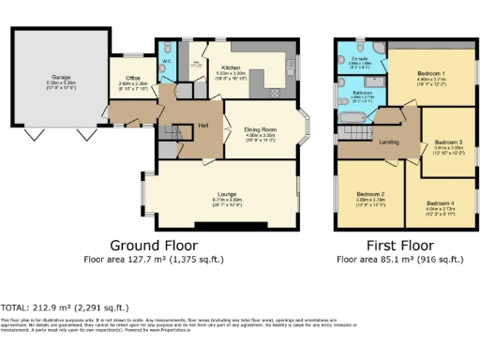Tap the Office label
[133, 77]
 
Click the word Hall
[202, 123]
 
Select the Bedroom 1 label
[430, 73]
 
